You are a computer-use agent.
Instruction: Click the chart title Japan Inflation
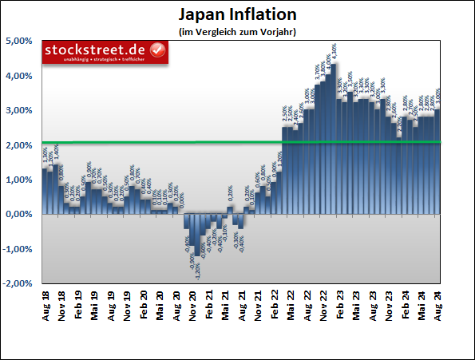point(236,15)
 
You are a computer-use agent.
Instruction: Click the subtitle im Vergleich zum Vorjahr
point(237,31)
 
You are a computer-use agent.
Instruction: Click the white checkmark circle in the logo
point(157,51)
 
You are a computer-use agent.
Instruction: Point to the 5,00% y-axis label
point(18,42)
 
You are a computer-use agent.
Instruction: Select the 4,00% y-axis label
point(18,76)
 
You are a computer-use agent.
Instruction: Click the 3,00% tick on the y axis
point(18,111)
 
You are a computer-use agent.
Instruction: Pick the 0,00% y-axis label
point(18,215)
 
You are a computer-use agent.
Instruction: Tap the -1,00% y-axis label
point(17,249)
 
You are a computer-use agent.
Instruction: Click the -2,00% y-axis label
point(17,283)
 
